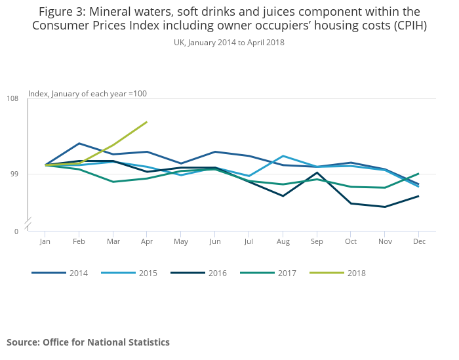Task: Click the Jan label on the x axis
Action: [x=45, y=242]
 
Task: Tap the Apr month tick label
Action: [x=147, y=242]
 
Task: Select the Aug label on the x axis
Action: [x=283, y=242]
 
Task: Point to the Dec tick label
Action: [x=420, y=242]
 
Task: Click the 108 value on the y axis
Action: [x=12, y=99]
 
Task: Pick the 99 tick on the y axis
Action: [x=14, y=174]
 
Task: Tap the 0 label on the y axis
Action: [x=16, y=231]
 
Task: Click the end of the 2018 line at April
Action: [x=147, y=122]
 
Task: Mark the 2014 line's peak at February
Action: [x=79, y=143]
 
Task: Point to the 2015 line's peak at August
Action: [x=283, y=156]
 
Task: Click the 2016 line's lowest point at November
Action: [x=385, y=207]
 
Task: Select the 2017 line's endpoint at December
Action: [x=419, y=174]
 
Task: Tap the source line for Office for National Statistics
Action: [x=88, y=342]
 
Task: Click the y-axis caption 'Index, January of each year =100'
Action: [x=87, y=94]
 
